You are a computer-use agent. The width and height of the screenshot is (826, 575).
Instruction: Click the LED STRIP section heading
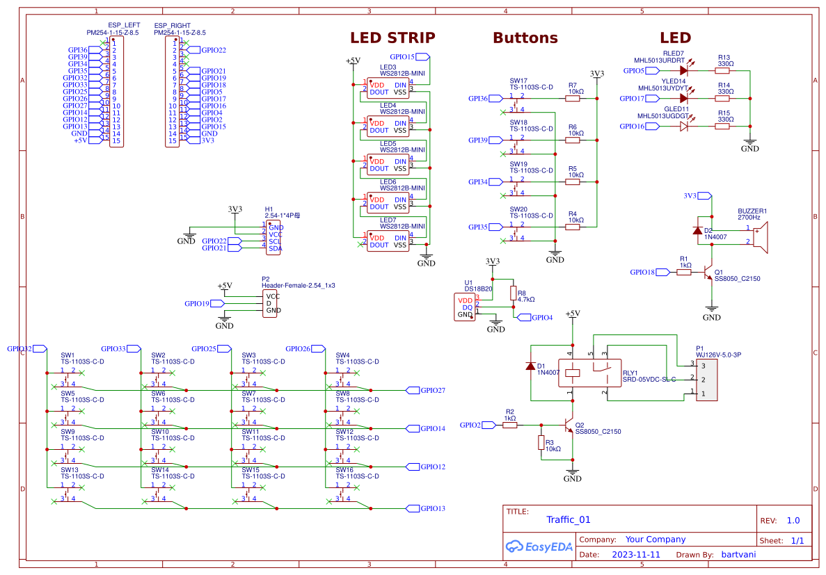[x=392, y=38]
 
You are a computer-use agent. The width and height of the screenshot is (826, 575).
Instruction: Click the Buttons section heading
[x=525, y=38]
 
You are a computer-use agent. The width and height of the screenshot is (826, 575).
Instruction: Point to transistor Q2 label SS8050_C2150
[x=598, y=432]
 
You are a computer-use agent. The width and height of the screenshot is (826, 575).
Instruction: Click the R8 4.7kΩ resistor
[x=514, y=293]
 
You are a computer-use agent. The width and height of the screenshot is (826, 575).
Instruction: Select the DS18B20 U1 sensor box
[x=465, y=307]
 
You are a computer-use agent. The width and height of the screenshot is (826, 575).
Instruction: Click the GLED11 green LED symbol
[x=684, y=126]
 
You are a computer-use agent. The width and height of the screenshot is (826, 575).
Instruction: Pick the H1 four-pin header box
[x=273, y=237]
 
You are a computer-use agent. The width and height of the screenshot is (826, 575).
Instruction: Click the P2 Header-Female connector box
[x=270, y=303]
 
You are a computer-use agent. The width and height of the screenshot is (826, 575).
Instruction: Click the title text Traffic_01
[x=568, y=519]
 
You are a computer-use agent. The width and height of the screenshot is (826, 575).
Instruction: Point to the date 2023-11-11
[x=636, y=555]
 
